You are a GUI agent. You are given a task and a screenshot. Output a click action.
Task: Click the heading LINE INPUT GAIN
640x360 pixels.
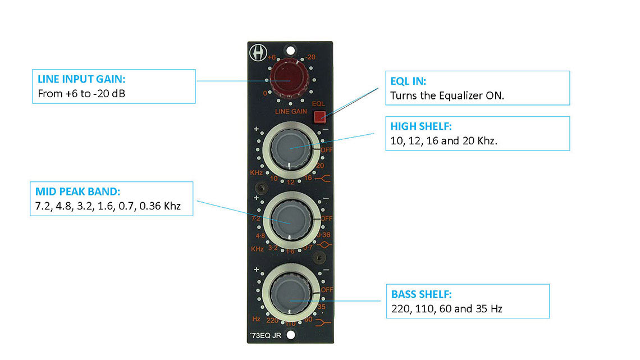tap(81, 80)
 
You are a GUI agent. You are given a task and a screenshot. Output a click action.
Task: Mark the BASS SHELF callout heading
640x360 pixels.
tap(422, 294)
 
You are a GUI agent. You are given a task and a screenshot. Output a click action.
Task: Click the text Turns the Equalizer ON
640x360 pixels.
tap(447, 95)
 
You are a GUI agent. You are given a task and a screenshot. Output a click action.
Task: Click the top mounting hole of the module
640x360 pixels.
tap(290, 48)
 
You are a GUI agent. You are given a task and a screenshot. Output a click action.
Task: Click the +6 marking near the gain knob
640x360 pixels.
tap(271, 57)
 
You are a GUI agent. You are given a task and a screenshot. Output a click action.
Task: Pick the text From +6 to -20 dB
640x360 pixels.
tap(81, 94)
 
